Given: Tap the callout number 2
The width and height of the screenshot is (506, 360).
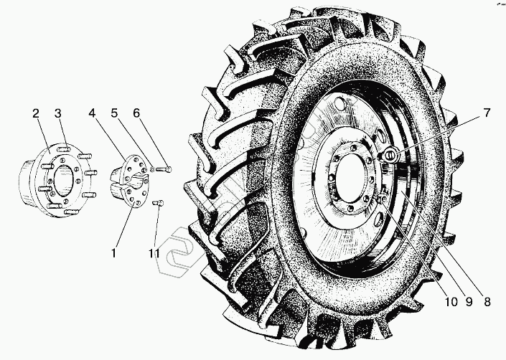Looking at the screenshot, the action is (x=36, y=113).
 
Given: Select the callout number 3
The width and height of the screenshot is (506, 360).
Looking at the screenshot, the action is (x=57, y=113).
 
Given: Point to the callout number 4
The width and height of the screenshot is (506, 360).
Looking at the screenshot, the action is (x=93, y=113).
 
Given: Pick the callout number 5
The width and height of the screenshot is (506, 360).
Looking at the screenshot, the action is (x=115, y=113).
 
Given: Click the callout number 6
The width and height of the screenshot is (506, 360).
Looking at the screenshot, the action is (x=136, y=113).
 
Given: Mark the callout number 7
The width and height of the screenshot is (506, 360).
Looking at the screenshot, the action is (x=487, y=113).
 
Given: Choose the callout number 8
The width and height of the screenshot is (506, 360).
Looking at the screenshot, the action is (x=487, y=302).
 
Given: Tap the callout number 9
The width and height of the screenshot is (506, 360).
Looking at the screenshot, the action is (x=469, y=302).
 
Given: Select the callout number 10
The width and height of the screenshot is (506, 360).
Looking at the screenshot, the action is (x=451, y=302).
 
